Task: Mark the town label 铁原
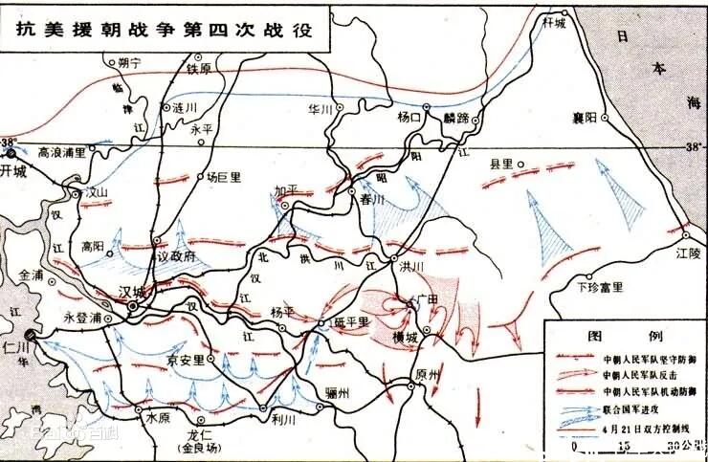(199, 69)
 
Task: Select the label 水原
(158, 419)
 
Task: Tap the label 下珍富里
(600, 287)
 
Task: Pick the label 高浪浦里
(61, 151)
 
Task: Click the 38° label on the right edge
(694, 146)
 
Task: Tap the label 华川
(319, 110)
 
